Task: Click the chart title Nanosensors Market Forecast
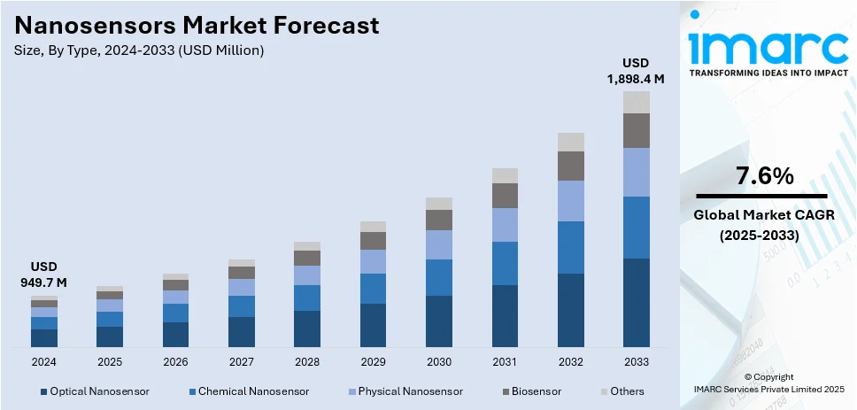pos(196,25)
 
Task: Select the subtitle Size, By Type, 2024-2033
pos(139,50)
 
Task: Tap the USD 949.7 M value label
pos(44,275)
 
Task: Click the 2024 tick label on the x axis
pos(44,362)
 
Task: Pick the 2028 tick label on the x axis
pos(307,362)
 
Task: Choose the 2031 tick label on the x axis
pos(505,362)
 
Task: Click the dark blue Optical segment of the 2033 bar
pos(636,302)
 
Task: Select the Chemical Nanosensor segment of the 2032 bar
pos(570,247)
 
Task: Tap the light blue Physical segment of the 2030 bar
pos(439,244)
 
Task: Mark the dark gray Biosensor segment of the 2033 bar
pos(636,130)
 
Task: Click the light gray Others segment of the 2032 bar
pos(570,142)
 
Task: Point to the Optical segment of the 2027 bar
pos(242,331)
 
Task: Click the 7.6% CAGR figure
pos(762,176)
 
